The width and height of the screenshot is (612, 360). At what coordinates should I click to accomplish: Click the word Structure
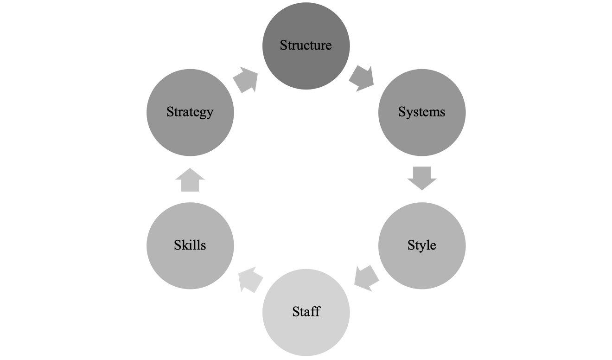[x=306, y=45]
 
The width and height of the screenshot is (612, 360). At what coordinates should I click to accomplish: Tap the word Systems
[x=421, y=112]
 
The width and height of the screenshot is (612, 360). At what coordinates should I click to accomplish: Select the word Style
[x=421, y=245]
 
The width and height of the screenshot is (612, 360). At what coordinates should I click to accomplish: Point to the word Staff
[x=306, y=311]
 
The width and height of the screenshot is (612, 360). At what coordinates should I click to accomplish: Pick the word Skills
[x=190, y=245]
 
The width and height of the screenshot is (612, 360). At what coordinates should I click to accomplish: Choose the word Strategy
[x=190, y=112]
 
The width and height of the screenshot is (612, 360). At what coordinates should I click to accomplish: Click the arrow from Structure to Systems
[x=362, y=78]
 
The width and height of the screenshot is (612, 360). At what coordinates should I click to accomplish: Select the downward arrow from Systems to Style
[x=422, y=178]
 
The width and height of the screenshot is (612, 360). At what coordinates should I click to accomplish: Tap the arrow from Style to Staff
[x=366, y=278]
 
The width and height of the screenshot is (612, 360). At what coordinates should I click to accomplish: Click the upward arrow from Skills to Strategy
[x=190, y=180]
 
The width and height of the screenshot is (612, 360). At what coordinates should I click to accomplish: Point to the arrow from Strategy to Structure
[x=245, y=79]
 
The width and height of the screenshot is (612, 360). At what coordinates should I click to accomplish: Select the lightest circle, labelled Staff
[x=306, y=334]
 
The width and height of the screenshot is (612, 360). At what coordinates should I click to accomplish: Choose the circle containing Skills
[x=190, y=269]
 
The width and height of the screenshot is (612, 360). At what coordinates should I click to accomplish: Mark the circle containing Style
[x=422, y=269]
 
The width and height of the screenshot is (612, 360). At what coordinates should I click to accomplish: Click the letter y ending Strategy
[x=210, y=113]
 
